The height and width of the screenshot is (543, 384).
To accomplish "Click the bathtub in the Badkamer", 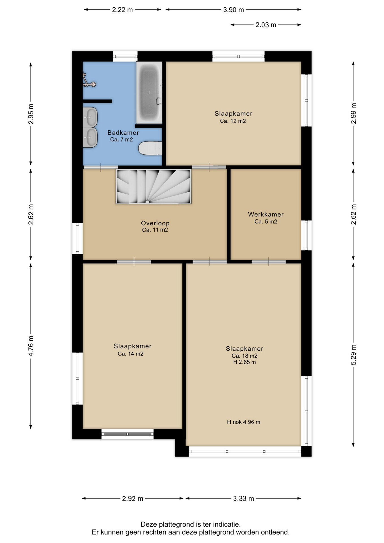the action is [x=149, y=92].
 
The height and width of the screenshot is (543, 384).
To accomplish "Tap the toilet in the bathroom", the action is [x=150, y=148].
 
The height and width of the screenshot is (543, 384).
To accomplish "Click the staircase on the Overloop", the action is [x=154, y=186].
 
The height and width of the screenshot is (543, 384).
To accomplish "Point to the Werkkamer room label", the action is [x=266, y=214].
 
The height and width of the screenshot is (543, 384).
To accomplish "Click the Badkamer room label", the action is [x=123, y=133].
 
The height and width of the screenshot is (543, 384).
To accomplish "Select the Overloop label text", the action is [x=155, y=223].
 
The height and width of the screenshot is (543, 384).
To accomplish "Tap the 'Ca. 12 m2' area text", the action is [x=233, y=121].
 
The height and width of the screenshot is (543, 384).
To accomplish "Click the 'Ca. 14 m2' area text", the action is [x=131, y=354].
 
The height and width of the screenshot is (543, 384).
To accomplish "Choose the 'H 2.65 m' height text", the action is [x=245, y=362].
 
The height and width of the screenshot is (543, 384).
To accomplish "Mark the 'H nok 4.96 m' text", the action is [x=243, y=422].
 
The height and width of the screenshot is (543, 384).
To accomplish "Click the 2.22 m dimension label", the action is [x=122, y=10].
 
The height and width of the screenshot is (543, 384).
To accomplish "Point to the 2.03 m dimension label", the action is [x=266, y=25].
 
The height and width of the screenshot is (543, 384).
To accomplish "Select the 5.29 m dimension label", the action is [x=353, y=354].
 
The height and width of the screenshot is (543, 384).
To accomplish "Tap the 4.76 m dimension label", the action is [x=31, y=346].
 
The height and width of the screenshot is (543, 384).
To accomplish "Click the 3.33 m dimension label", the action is [x=243, y=498].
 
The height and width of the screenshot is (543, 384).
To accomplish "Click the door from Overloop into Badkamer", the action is [x=101, y=167].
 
